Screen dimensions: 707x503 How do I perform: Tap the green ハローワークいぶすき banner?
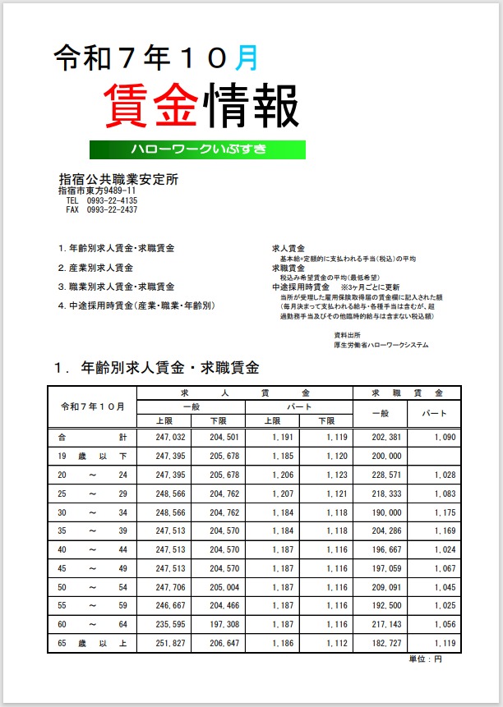click(x=198, y=149)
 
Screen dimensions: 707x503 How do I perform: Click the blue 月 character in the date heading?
click(x=246, y=57)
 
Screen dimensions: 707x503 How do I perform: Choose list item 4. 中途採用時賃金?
click(x=136, y=305)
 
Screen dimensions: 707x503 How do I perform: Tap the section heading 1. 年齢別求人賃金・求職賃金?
click(x=156, y=367)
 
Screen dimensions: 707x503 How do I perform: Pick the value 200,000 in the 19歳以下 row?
click(x=387, y=456)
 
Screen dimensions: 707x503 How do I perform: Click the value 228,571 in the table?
click(x=387, y=475)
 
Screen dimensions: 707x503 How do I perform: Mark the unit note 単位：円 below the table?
click(x=426, y=659)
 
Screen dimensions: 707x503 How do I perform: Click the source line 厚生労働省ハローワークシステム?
click(x=381, y=345)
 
